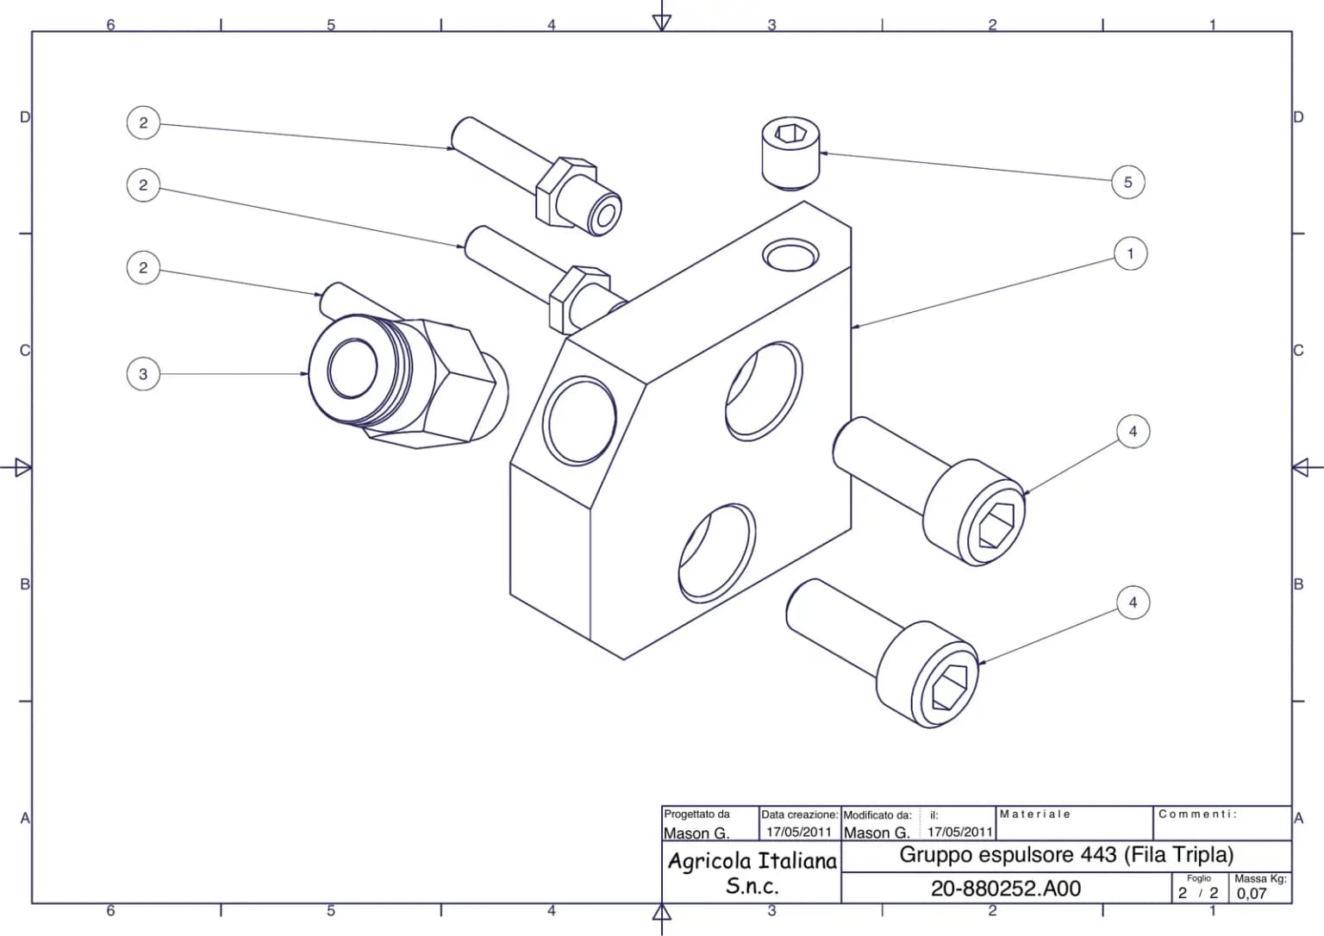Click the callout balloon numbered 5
click(1127, 183)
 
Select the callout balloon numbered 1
click(1130, 254)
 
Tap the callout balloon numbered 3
click(144, 374)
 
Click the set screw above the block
click(790, 153)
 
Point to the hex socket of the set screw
click(790, 133)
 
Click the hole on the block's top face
click(790, 254)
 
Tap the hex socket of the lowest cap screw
click(949, 688)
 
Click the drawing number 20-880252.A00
click(1005, 889)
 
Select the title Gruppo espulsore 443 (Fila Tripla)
click(1066, 855)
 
